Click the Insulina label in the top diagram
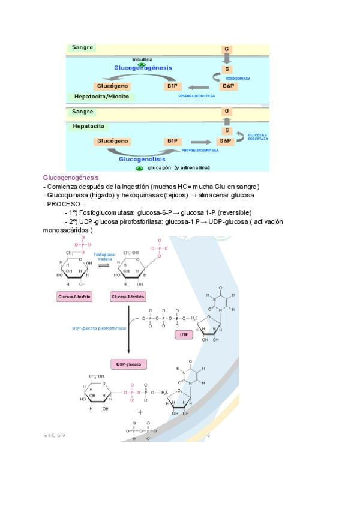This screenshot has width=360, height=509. point(142,60)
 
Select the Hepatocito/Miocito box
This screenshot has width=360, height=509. point(101,97)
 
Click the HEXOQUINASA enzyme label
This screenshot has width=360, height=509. point(238,79)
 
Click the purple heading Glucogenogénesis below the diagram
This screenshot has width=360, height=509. point(71,178)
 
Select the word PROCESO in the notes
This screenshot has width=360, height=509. point(65,204)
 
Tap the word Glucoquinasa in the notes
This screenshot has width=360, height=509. point(67,196)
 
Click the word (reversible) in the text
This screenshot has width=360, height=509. point(230,212)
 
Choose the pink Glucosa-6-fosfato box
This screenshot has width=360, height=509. point(74,298)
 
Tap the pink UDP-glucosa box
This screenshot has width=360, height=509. point(129,364)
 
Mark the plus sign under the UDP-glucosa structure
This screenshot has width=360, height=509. point(140,412)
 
